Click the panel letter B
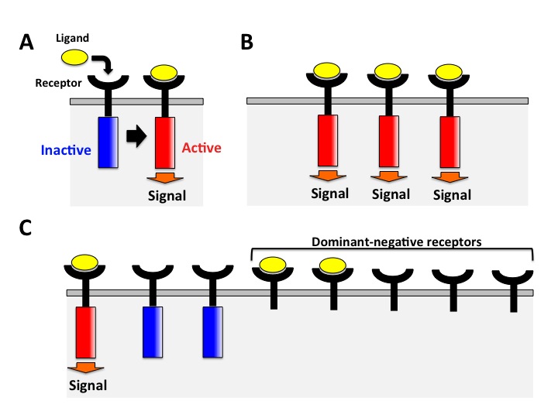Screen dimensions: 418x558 [x=246, y=43]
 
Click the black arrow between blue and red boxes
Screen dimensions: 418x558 [x=136, y=137]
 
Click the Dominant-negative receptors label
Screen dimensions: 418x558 [x=392, y=242]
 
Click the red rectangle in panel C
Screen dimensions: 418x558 [x=84, y=331]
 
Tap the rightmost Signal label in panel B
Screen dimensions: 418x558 [x=451, y=194]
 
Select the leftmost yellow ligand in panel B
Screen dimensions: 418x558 [x=329, y=71]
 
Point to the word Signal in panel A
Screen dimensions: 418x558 [x=167, y=195]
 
